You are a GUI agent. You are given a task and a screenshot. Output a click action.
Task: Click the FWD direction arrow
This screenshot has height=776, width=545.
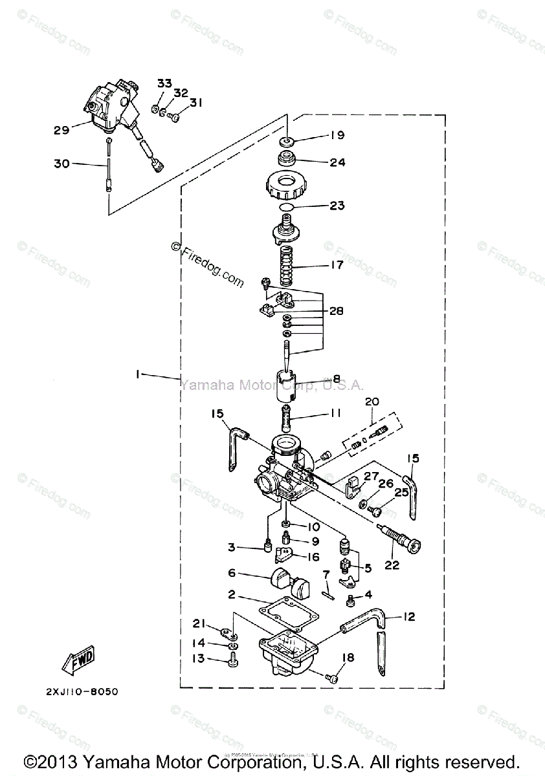[78, 659]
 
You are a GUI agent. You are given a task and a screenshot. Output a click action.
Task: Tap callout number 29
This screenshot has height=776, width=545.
[61, 131]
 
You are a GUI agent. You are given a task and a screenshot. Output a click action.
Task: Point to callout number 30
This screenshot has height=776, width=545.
[61, 164]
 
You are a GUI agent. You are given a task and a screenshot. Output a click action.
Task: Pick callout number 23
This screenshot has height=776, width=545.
[337, 206]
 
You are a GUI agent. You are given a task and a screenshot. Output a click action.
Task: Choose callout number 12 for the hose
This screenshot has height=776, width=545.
[408, 616]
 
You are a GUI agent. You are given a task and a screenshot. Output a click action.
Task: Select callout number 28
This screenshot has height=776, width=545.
[335, 311]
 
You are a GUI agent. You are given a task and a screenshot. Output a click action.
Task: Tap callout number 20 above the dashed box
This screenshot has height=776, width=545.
[372, 402]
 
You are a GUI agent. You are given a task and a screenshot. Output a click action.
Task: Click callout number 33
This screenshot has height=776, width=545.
[164, 83]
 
